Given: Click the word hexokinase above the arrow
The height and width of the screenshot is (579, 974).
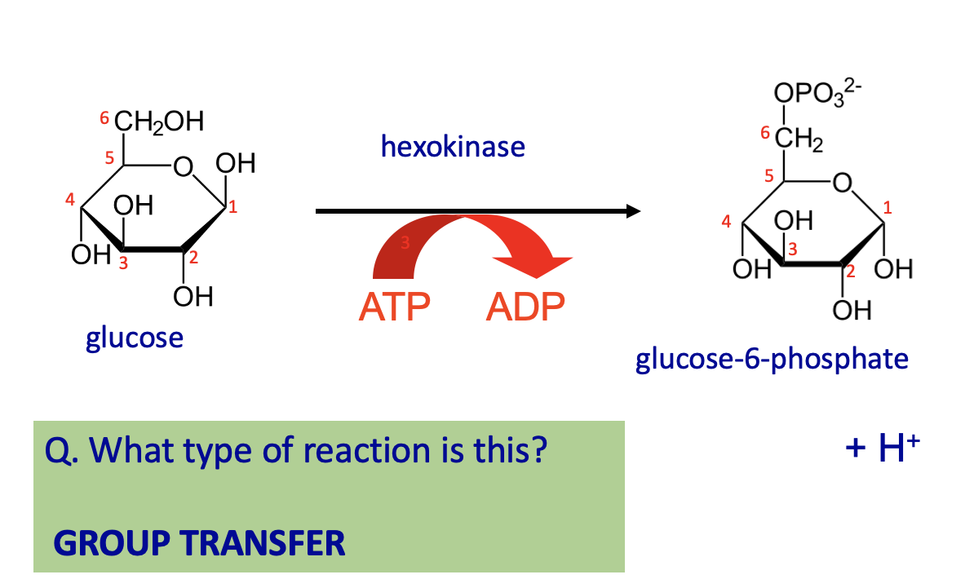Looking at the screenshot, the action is click(x=453, y=147).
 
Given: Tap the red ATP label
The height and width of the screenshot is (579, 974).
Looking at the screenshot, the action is click(x=395, y=307).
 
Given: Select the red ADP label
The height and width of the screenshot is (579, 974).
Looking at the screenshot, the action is click(x=525, y=307).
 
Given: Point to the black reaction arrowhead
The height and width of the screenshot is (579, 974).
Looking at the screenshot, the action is click(x=633, y=211).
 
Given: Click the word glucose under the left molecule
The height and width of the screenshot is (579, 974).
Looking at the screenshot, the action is click(x=135, y=338).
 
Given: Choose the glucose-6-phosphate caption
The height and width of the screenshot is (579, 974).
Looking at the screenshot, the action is click(x=772, y=360).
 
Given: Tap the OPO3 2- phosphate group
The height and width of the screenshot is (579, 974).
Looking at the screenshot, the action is click(x=817, y=92).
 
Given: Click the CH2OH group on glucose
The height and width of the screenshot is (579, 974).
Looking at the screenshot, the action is click(x=159, y=122).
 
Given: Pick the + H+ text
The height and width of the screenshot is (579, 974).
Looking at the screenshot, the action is click(x=882, y=446).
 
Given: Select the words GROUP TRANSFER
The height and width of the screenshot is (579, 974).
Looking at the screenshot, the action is click(x=199, y=543).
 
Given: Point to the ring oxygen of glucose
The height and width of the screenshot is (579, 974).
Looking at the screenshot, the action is click(x=183, y=166).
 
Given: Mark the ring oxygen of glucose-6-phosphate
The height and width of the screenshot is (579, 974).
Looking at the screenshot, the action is click(x=843, y=183).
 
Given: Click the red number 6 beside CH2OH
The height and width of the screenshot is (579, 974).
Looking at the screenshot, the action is click(x=104, y=117).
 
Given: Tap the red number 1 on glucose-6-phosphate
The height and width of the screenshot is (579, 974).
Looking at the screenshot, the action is click(x=887, y=207).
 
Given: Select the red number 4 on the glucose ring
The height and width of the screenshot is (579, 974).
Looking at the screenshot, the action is click(x=69, y=200).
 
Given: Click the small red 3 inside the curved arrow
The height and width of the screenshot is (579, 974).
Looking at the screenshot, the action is click(x=405, y=243).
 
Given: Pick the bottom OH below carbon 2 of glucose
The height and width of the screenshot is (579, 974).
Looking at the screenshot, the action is click(x=193, y=297).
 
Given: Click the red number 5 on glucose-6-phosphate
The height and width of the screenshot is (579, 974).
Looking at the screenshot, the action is click(x=769, y=176).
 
